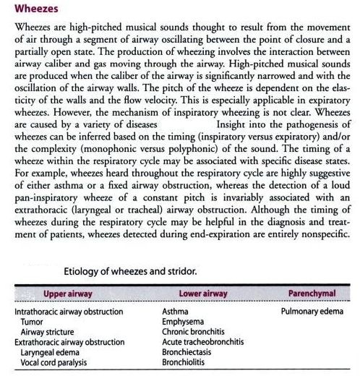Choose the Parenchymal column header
click(309, 294)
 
